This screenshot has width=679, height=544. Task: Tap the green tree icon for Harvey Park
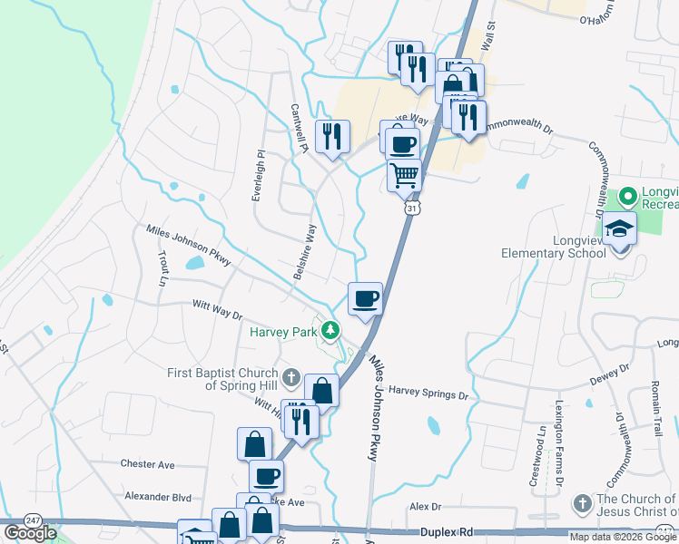pyautogui.click(x=330, y=330)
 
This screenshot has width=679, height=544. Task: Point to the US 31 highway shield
pyautogui.click(x=411, y=209)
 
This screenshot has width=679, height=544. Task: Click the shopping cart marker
pyautogui.click(x=405, y=174)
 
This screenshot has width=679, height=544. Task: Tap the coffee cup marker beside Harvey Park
pyautogui.click(x=365, y=297)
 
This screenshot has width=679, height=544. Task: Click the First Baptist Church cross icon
pyautogui.click(x=290, y=376)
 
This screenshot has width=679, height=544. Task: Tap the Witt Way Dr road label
pyautogui.click(x=217, y=311)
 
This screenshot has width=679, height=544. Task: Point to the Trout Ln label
pyautogui.click(x=163, y=268)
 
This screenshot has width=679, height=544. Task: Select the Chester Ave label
pyautogui.click(x=147, y=464)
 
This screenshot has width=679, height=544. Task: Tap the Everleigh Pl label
pyautogui.click(x=259, y=173)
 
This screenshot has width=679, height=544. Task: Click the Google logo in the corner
pyautogui.click(x=30, y=532)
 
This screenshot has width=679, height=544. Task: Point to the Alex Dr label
pyautogui.click(x=425, y=507)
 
